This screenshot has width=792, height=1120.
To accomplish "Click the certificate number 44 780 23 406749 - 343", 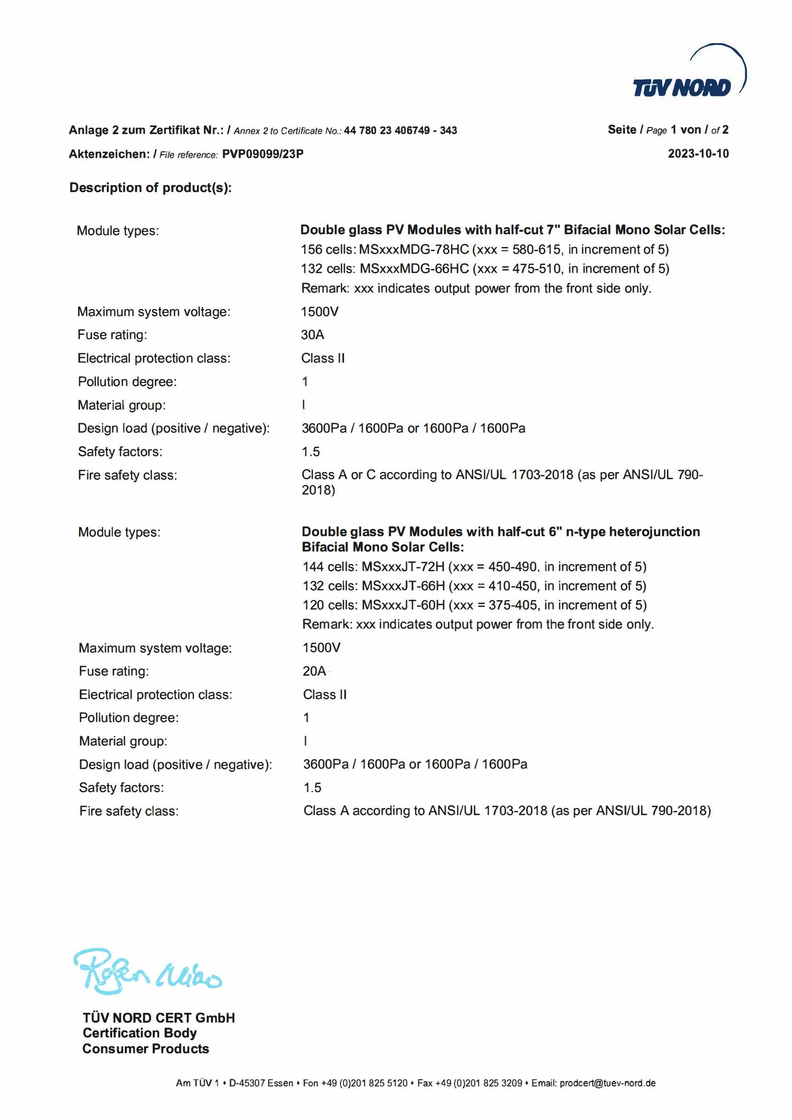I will click(x=400, y=131).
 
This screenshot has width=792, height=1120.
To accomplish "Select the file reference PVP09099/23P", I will click(x=263, y=154).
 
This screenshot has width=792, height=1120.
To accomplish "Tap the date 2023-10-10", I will click(x=698, y=154).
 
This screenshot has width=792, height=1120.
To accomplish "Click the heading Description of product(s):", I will click(x=150, y=188).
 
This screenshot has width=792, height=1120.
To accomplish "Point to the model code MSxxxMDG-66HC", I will click(x=414, y=269).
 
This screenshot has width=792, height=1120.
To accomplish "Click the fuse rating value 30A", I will click(x=312, y=335).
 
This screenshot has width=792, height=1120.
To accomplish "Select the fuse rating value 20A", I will click(x=314, y=671).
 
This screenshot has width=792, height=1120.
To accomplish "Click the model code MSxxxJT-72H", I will click(x=403, y=567).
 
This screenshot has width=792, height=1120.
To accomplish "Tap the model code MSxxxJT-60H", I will click(x=403, y=605).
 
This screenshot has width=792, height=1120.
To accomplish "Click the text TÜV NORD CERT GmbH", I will click(x=159, y=1018).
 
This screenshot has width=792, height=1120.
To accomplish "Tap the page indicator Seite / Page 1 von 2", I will click(x=667, y=130).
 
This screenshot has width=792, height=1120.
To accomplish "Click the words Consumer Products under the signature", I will click(x=145, y=1049).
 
